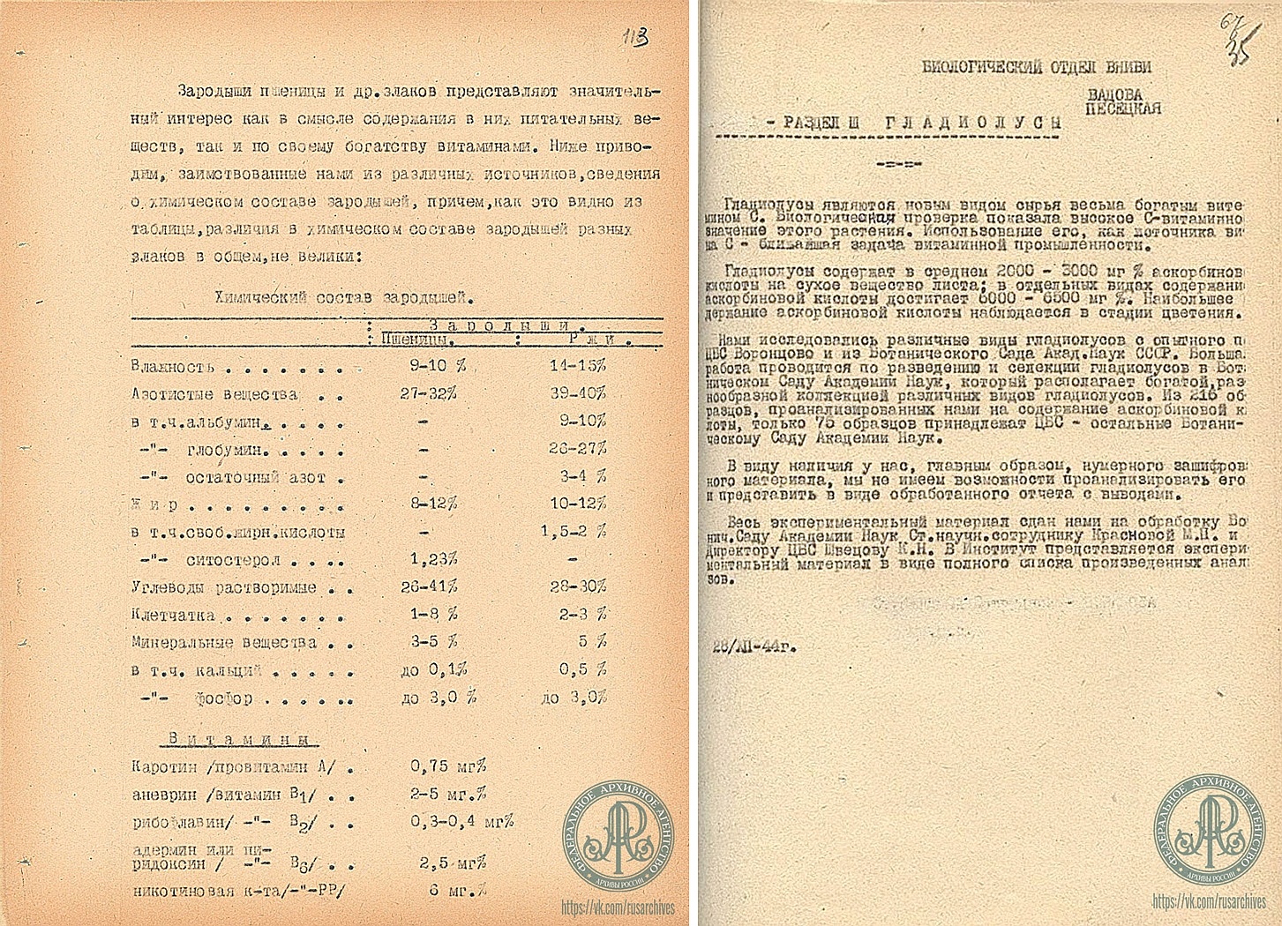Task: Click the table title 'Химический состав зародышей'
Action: [x=345, y=297]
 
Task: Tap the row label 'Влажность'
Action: [x=172, y=366]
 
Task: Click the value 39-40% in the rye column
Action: [x=577, y=393]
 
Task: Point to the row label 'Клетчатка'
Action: [x=173, y=615]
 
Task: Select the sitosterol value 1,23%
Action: [x=433, y=558]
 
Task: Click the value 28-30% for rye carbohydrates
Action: [x=577, y=586]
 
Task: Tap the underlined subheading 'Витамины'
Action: [x=244, y=739]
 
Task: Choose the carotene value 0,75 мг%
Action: [x=448, y=765]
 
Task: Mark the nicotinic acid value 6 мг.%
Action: [x=457, y=890]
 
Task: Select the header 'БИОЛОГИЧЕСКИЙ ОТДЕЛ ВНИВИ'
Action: [x=1036, y=66]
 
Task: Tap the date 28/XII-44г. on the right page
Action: [x=753, y=646]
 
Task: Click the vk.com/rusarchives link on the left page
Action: [x=619, y=907]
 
